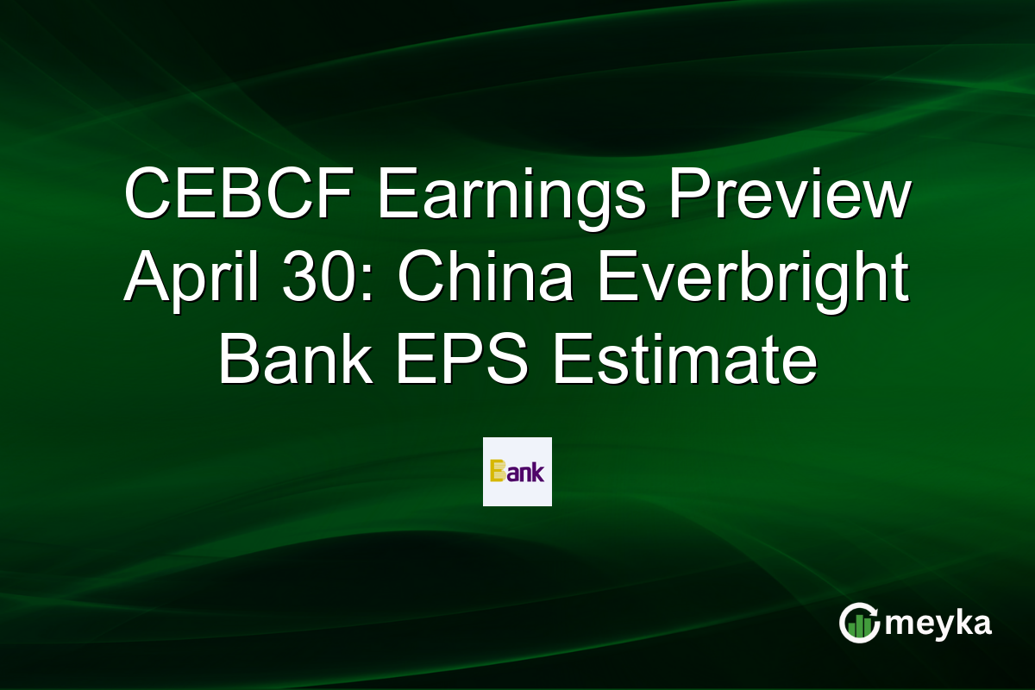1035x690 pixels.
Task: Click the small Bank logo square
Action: [x=517, y=472]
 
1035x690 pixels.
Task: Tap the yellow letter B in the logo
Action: [x=497, y=472]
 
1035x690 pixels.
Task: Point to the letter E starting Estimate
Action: [x=569, y=360]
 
